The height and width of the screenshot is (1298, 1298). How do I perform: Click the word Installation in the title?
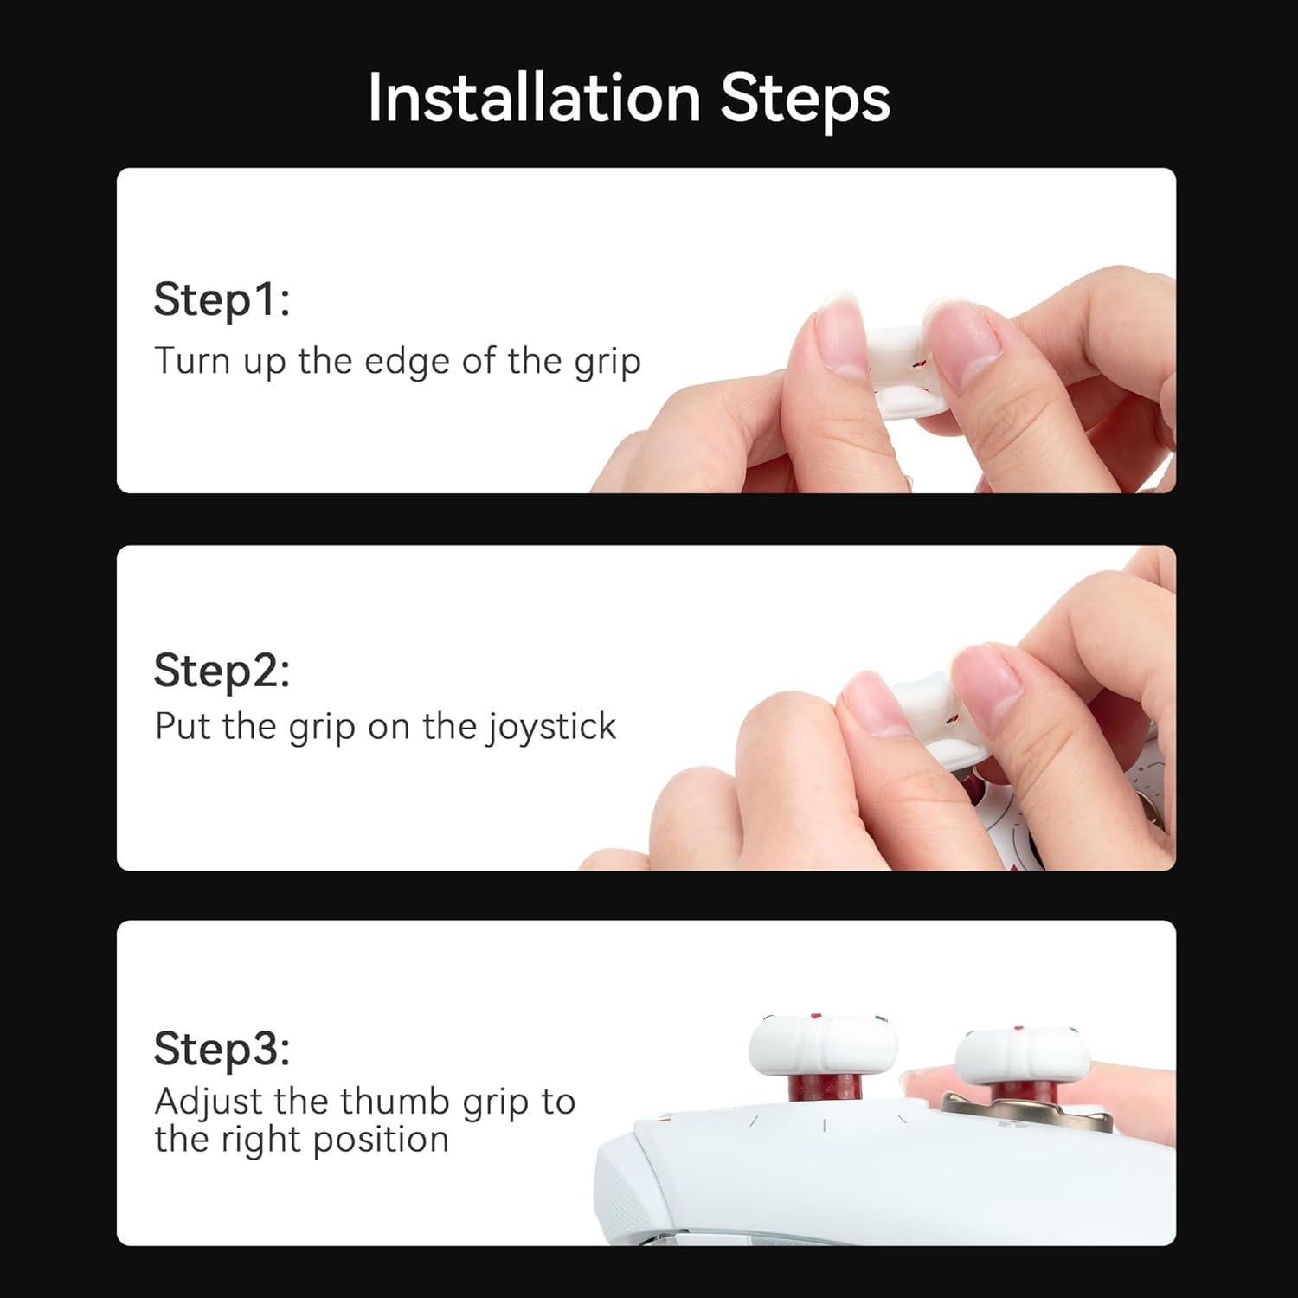tap(534, 97)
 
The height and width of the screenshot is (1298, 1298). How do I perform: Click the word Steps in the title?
tap(804, 97)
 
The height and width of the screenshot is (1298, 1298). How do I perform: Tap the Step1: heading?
tap(222, 299)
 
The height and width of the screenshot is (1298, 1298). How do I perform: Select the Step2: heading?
tap(222, 671)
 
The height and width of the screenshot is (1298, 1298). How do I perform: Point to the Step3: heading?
tap(222, 1049)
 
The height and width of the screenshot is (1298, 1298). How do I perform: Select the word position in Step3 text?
tap(381, 1141)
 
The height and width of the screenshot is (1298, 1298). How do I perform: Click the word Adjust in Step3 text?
tap(209, 1102)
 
